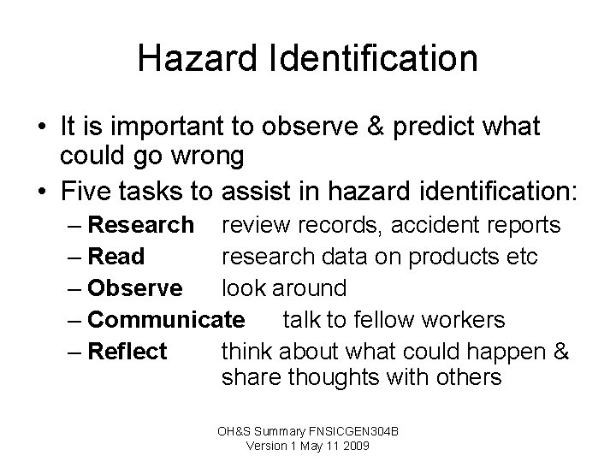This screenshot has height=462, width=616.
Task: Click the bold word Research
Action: tap(141, 225)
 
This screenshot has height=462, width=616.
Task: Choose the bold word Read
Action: tap(116, 257)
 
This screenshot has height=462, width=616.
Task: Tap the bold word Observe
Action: tap(135, 288)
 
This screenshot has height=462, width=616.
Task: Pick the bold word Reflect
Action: tap(127, 351)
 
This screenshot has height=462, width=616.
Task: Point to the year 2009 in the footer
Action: tap(352, 446)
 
